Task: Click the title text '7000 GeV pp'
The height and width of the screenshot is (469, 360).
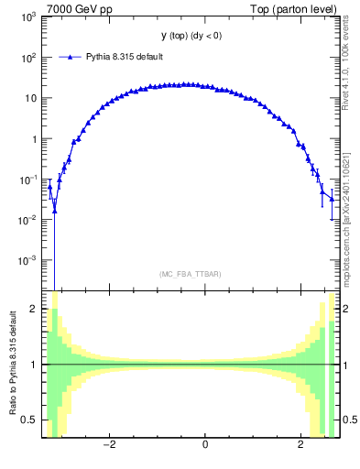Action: pyautogui.click(x=75, y=9)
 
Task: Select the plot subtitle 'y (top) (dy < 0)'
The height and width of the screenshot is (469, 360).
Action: pyautogui.click(x=190, y=36)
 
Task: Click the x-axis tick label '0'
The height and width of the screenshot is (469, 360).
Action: pyautogui.click(x=205, y=445)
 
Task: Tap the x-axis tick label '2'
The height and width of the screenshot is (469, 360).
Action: pyautogui.click(x=300, y=445)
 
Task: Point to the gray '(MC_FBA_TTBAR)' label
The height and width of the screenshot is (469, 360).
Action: pyautogui.click(x=190, y=274)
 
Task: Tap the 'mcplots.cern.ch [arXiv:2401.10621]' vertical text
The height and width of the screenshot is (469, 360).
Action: pyautogui.click(x=345, y=211)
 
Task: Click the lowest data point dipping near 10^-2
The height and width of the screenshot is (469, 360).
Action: pyautogui.click(x=54, y=211)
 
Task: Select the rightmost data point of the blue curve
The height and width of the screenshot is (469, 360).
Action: pyautogui.click(x=332, y=198)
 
